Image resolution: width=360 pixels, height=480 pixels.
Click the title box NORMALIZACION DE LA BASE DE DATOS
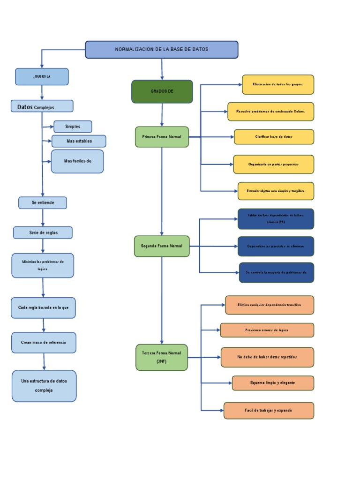(162, 50)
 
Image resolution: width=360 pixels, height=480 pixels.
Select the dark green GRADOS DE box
(162, 91)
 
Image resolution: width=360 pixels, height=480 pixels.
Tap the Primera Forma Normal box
(162, 137)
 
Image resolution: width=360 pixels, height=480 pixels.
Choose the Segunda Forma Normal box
(162, 246)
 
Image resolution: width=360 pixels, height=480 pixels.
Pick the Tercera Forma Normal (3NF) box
(162, 357)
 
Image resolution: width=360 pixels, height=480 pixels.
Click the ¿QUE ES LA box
(42, 77)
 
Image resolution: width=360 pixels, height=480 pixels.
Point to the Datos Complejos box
(42, 106)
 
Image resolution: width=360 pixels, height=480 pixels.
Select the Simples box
(73, 127)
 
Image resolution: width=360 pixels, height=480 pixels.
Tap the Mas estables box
(79, 141)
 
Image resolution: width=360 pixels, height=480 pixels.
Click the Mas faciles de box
(77, 161)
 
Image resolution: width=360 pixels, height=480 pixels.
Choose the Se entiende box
(43, 203)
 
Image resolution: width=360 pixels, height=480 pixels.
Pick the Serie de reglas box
(43, 232)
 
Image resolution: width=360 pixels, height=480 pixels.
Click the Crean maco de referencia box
(44, 343)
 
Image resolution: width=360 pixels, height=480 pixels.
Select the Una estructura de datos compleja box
(44, 386)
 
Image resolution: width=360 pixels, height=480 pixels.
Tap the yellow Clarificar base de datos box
(274, 137)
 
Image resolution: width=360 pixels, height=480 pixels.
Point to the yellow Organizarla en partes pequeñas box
(274, 165)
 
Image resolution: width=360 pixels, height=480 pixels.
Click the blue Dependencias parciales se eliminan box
(276, 246)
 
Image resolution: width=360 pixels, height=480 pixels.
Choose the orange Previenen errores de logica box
(267, 330)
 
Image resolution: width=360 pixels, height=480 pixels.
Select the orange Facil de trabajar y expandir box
(269, 411)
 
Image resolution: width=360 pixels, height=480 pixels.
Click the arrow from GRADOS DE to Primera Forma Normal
(162, 115)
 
